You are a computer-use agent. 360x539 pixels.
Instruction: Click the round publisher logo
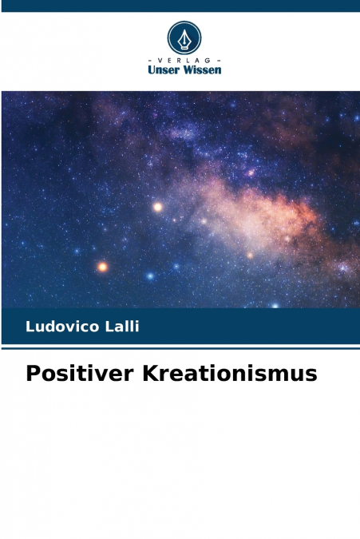coord(184,38)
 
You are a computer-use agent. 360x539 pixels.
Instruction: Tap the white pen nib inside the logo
coord(184,37)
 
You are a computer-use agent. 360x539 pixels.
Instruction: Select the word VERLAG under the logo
coord(184,60)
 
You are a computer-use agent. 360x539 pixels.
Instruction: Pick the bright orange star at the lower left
coord(102,267)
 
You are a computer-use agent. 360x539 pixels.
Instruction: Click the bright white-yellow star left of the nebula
coord(158,207)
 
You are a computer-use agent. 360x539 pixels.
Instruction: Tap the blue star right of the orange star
coord(149,275)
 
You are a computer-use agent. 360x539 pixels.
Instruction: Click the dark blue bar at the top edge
coord(180,6)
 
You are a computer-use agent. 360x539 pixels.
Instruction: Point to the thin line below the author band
coord(180,348)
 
